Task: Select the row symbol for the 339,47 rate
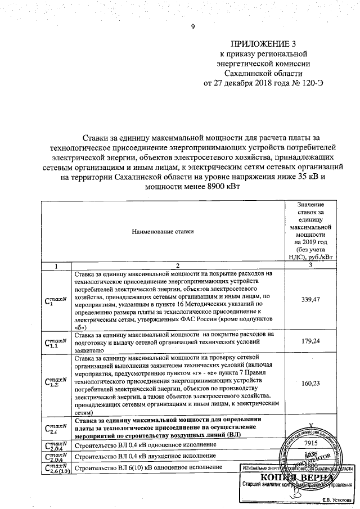click(55, 299)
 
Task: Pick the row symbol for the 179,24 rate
click(55, 342)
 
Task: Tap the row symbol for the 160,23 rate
click(55, 384)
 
